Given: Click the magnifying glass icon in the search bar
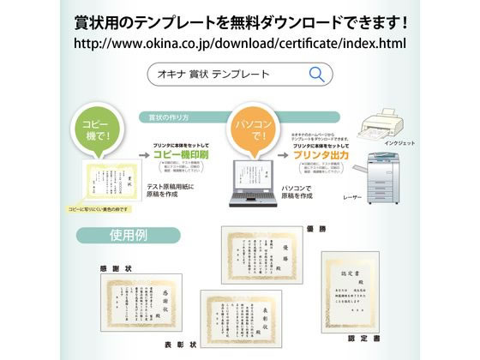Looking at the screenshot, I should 316,74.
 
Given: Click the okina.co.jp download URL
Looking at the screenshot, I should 240,42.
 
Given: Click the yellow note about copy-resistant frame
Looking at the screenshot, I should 98,210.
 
